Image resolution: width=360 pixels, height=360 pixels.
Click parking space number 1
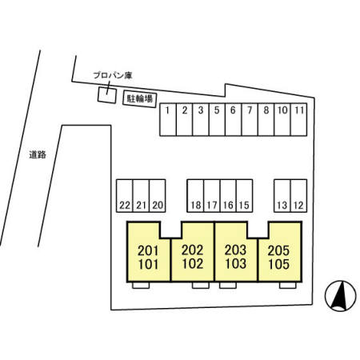pos(168,119)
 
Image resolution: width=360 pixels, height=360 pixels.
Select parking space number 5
pos(217,119)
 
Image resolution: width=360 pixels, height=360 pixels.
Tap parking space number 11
pos(298,119)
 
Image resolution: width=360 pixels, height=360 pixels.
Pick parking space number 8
pos(266,119)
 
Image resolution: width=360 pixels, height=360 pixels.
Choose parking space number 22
pos(125,196)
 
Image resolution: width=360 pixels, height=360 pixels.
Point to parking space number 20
pos(158,196)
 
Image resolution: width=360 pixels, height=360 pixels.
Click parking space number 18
pos(195,196)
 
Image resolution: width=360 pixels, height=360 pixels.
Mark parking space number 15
pos(244,196)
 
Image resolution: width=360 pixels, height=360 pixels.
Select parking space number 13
pos(282,196)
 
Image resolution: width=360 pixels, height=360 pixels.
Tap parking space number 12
pos(298,196)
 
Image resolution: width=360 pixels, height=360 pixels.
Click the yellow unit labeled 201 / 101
pos(148,258)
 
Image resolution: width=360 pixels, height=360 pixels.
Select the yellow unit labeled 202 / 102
pos(193,258)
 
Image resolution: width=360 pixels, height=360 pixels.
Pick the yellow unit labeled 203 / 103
pos(236,258)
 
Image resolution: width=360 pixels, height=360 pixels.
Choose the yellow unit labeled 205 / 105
pos(279,258)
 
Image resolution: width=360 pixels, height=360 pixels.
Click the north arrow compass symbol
pos(341,296)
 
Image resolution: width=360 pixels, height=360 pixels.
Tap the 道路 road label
pos(38,154)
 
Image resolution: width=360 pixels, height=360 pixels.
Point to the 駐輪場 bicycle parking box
pos(140,99)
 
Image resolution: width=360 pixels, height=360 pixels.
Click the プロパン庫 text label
pos(113,75)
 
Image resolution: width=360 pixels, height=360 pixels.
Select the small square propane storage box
pos(107,95)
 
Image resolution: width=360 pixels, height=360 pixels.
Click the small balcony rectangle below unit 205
pos(288,285)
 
